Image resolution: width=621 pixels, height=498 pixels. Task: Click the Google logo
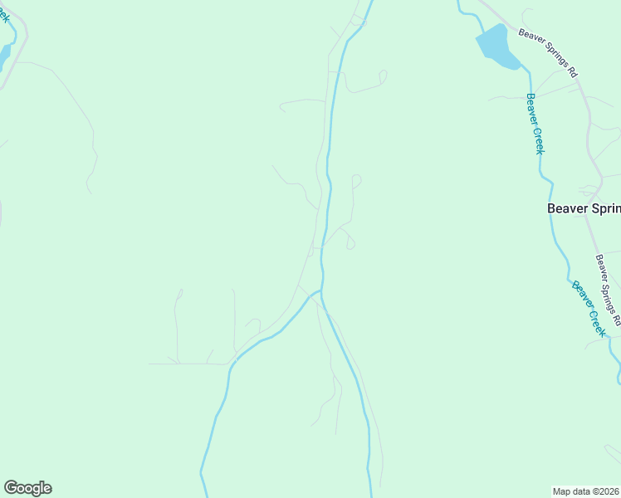(x=27, y=488)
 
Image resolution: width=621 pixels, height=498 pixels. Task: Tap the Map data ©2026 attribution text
(x=586, y=491)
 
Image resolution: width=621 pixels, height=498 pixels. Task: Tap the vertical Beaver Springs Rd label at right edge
(x=608, y=290)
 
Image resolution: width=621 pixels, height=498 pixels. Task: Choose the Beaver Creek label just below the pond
(x=535, y=123)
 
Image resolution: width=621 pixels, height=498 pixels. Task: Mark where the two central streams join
(x=320, y=293)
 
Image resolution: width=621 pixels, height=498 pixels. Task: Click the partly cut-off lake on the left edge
(x=2, y=55)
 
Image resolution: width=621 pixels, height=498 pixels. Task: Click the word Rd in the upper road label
(x=572, y=72)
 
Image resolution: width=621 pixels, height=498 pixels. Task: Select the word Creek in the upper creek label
(x=538, y=140)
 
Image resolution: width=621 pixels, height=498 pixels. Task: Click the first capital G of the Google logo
(x=11, y=487)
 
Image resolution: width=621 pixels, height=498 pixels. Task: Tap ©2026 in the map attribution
(x=604, y=491)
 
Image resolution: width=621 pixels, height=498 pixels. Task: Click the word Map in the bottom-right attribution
(x=562, y=491)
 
